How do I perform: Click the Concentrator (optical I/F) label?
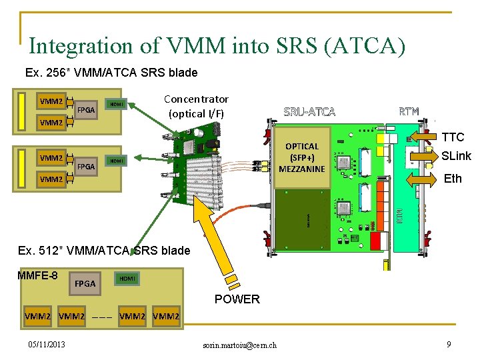point(196,106)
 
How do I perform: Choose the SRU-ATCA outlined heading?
point(309,111)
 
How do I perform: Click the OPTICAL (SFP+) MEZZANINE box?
point(302,157)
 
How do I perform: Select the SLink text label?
point(456,156)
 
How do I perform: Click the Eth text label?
point(453,179)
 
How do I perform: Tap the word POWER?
point(237,299)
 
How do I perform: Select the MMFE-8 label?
point(37,275)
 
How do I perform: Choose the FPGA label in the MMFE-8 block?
point(85,283)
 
